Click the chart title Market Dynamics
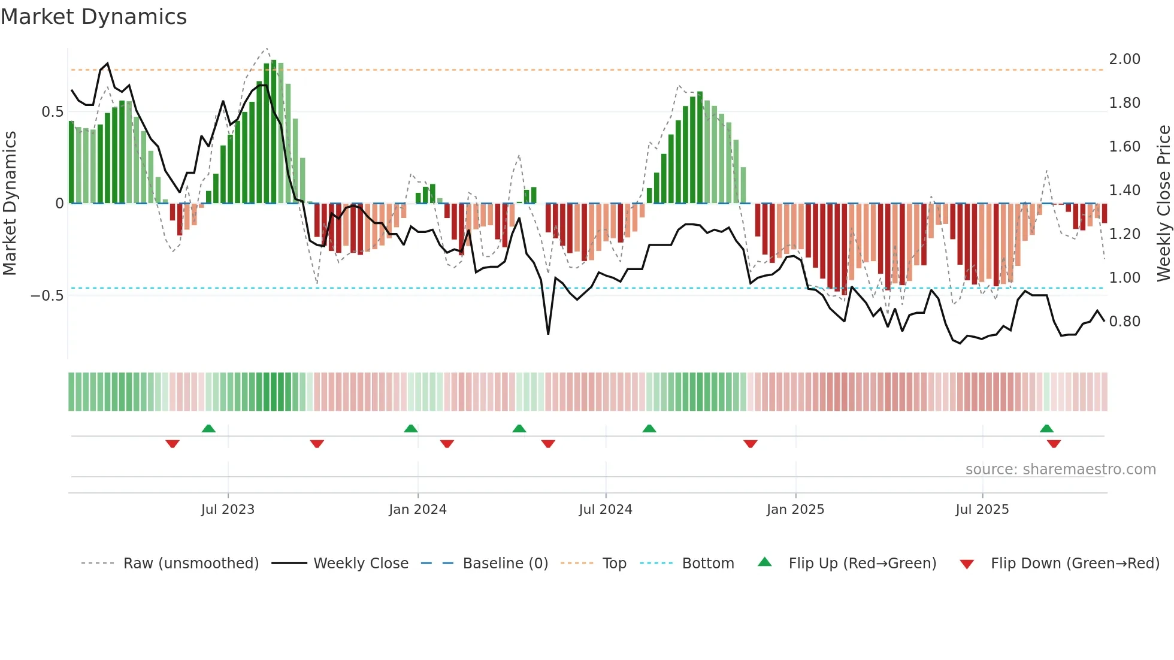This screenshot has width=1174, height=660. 94,17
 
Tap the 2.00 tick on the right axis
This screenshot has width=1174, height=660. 1124,59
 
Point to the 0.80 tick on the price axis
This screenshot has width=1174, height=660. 1124,322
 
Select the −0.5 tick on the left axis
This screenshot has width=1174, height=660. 47,296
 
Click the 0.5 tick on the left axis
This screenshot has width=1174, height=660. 52,112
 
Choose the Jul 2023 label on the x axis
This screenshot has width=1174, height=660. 228,510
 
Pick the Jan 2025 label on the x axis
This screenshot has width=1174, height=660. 795,510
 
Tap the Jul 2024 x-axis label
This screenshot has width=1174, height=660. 606,510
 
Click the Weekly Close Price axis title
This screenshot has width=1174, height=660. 1163,204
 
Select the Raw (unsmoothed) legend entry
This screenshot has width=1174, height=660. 190,564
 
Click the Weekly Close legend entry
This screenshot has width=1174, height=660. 361,564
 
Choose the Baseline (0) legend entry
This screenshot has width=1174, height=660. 505,564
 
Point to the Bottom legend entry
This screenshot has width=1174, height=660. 707,564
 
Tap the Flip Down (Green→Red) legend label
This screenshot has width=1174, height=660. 1075,564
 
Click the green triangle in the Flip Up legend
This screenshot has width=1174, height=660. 765,562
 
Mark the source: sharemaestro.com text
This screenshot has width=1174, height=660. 1060,470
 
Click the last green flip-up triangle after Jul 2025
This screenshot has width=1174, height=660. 1046,428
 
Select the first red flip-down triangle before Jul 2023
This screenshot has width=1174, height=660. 173,444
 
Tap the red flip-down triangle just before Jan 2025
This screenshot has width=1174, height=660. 751,444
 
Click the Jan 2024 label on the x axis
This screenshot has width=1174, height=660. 417,510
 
